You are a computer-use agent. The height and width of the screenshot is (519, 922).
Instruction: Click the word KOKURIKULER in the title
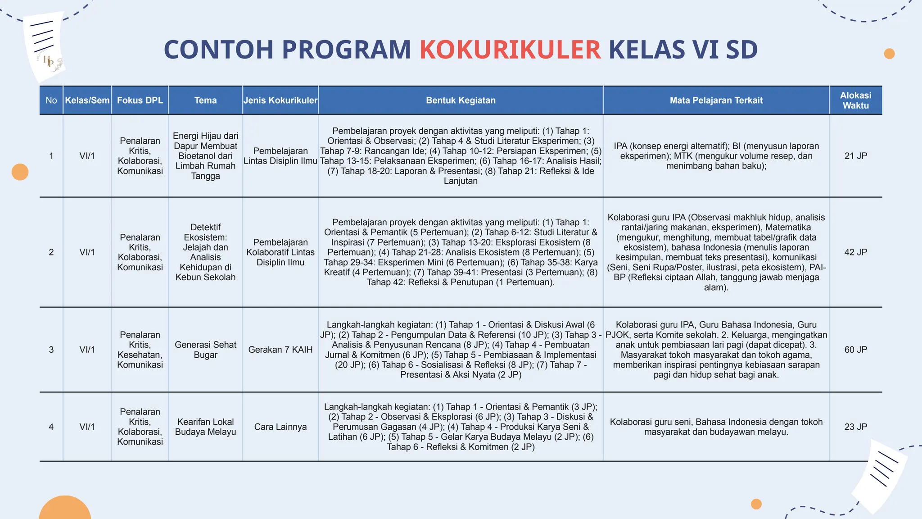point(510,50)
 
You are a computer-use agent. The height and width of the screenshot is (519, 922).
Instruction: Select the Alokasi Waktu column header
point(855,100)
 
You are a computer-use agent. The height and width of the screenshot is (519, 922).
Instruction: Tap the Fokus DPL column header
point(140,100)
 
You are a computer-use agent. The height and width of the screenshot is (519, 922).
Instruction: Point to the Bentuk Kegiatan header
point(461,100)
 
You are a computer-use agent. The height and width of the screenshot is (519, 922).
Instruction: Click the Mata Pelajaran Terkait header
point(716,100)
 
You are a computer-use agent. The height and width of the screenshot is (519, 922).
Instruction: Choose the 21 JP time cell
point(855,156)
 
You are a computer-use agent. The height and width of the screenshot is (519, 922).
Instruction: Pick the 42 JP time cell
point(855,252)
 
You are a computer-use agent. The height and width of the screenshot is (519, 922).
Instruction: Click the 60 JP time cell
point(855,350)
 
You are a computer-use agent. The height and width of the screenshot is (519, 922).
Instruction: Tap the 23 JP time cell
point(855,427)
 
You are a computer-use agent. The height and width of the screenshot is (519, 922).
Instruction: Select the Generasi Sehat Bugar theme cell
point(205,350)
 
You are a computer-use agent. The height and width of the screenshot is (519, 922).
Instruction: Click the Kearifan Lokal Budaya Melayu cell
point(205,427)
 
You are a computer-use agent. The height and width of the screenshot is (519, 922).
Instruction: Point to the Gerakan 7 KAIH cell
point(280,350)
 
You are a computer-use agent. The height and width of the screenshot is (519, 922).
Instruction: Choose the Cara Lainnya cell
point(280,427)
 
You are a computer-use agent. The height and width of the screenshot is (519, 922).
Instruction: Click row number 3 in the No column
point(51,350)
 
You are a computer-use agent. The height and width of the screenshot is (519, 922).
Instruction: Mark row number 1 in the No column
point(51,156)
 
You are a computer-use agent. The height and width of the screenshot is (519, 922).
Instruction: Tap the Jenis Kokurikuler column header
point(280,100)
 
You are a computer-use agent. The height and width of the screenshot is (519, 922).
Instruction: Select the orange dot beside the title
point(889,54)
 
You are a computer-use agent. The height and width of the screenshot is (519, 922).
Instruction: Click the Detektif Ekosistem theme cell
point(205,252)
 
